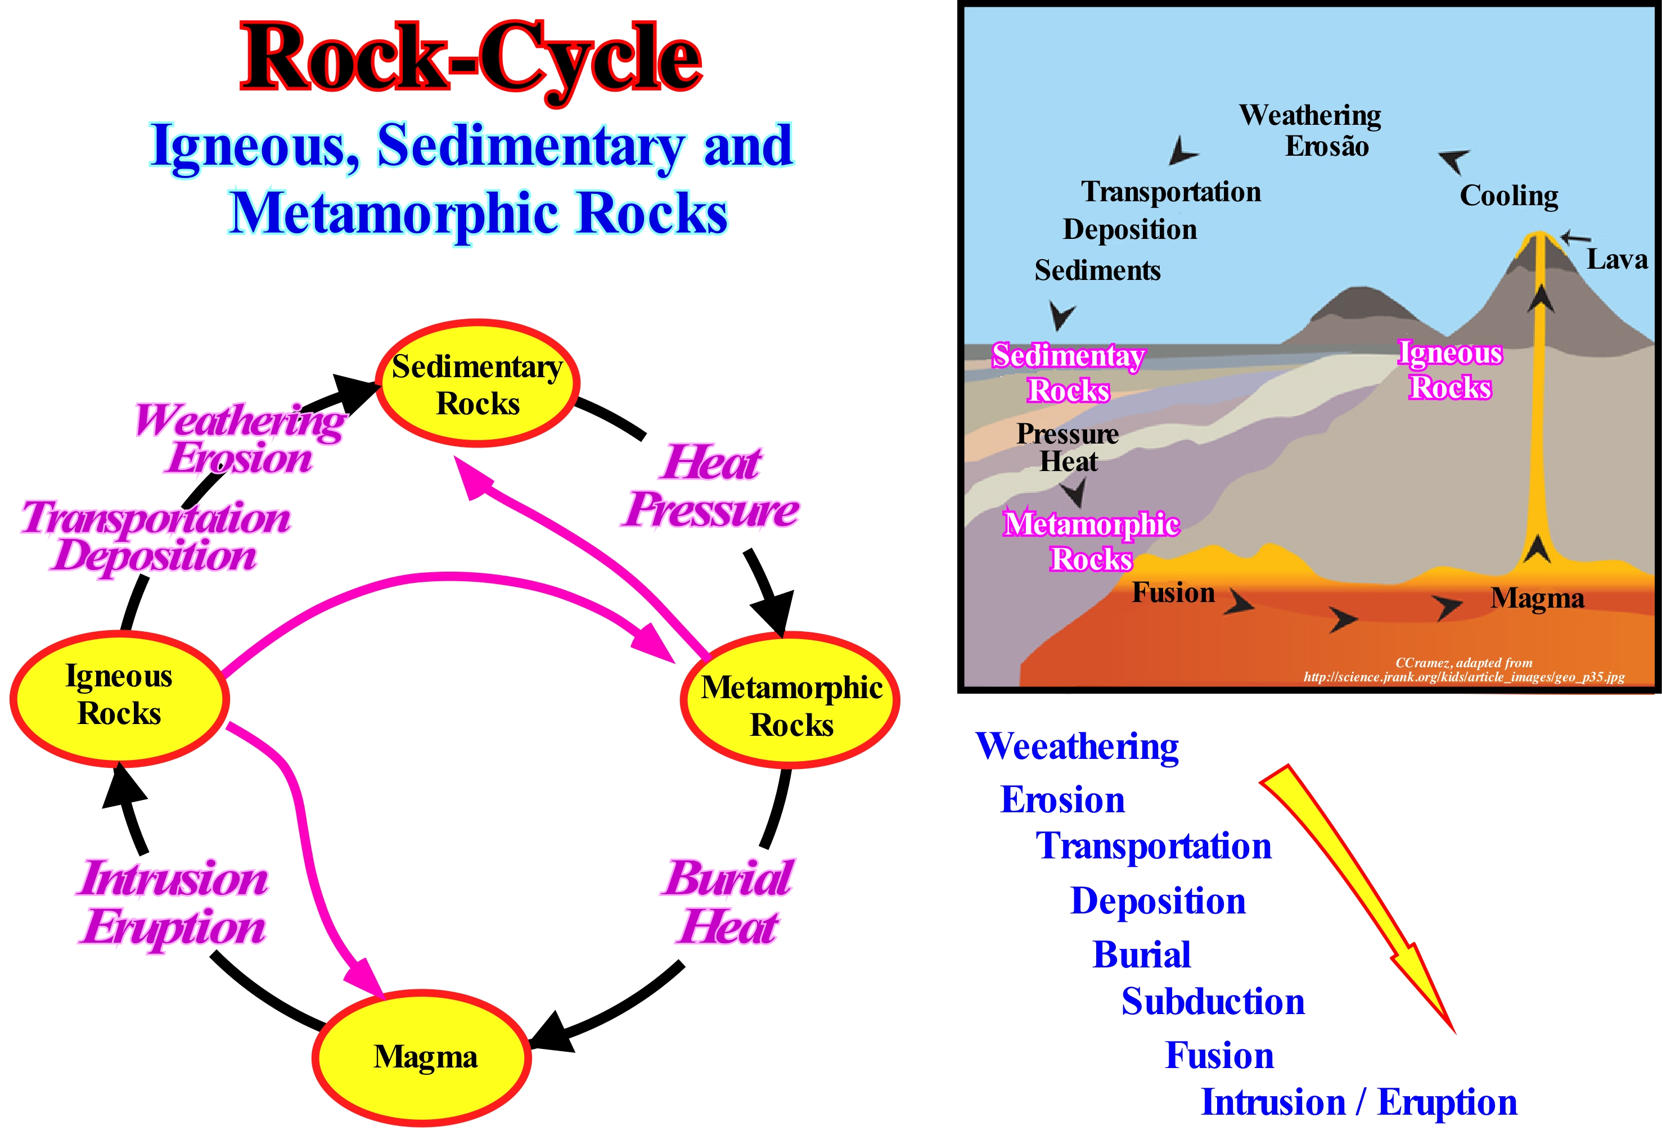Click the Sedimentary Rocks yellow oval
point(477,384)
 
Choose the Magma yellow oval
point(422,1057)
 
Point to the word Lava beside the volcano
point(1616,259)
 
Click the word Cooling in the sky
point(1508,196)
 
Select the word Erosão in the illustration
point(1327,147)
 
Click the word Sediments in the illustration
point(1097,271)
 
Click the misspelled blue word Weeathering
point(1077,747)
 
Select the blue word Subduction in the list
point(1213,1002)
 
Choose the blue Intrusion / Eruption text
point(1358,1102)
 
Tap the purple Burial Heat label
point(728,902)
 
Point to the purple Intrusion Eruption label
point(173,903)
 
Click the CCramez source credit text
point(1463,670)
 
